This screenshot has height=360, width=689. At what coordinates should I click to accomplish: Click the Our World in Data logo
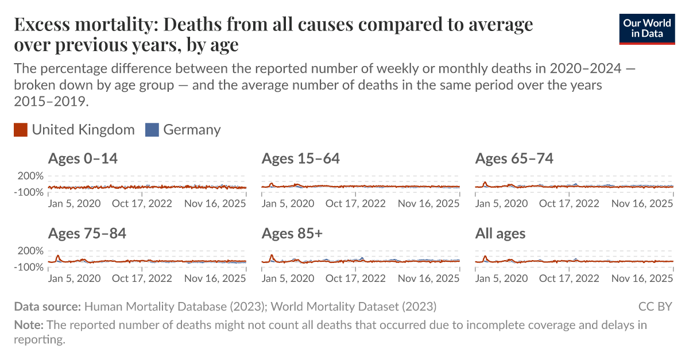coord(647,28)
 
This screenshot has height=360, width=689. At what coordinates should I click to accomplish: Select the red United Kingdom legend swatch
coord(21,130)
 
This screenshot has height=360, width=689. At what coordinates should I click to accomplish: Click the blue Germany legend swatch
coord(152,130)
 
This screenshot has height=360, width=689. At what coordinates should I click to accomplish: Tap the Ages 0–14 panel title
coord(83,159)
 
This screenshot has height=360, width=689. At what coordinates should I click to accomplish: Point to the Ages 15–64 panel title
coord(300,159)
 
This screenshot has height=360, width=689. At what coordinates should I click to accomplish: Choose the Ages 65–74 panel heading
coord(514,159)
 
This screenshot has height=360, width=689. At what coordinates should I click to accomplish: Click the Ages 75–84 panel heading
coord(87,234)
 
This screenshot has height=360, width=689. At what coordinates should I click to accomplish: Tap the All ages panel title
coord(500,234)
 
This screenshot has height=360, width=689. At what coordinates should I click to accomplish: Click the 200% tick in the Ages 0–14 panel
coord(30,176)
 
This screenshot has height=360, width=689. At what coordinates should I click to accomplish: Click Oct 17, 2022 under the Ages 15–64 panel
coord(355,203)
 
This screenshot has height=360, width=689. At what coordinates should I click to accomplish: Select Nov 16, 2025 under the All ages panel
coord(642,278)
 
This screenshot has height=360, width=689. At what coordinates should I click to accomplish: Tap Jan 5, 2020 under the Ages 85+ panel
coord(288,278)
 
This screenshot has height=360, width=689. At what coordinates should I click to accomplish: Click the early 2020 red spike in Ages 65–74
coord(485,183)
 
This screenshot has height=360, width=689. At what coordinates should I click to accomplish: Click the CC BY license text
coord(655,306)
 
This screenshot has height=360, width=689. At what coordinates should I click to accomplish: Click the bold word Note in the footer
coord(28,325)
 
